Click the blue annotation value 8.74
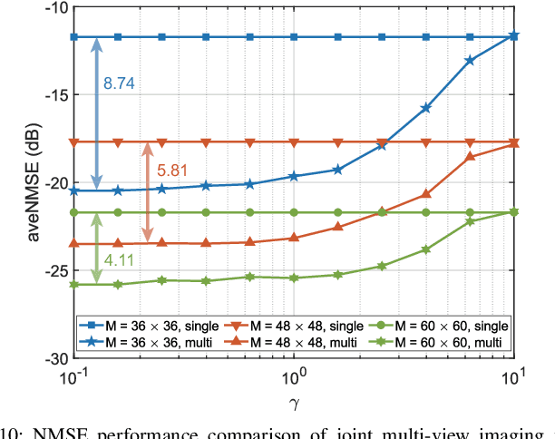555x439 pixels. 118,83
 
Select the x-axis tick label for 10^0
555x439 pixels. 294,374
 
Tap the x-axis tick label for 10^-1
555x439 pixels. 73,374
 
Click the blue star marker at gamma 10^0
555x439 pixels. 294,176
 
